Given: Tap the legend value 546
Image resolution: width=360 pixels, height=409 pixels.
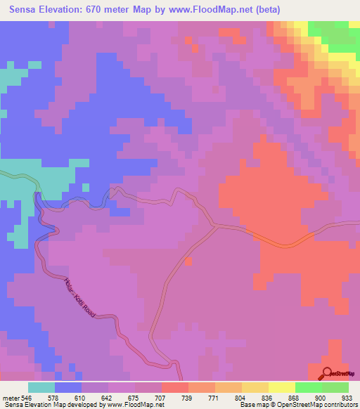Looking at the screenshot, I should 26,396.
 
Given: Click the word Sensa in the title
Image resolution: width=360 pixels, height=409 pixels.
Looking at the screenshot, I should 24,10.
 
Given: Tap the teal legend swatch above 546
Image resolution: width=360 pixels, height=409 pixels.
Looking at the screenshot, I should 41,387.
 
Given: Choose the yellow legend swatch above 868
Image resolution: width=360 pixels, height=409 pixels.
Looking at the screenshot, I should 281,387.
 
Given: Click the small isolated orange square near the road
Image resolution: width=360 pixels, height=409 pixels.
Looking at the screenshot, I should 188,261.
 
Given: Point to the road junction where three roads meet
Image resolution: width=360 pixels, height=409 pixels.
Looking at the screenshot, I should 214,226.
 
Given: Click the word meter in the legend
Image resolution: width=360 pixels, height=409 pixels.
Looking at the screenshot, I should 11,396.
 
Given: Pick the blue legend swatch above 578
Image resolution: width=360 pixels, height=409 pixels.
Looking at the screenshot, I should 67,387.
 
